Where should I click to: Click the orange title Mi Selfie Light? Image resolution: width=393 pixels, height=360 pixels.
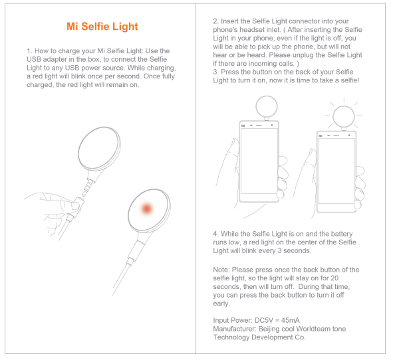[102, 27]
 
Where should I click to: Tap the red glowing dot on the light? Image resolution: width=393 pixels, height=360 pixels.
[146, 209]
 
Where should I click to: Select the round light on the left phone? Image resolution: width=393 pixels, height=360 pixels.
[267, 106]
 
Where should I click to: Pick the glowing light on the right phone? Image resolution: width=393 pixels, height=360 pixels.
[344, 116]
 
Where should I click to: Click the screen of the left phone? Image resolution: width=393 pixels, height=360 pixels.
[259, 161]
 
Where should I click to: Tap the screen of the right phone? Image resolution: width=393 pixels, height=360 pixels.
[336, 171]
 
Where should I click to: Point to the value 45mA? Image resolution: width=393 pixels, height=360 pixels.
[291, 320]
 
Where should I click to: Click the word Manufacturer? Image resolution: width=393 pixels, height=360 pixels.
[234, 329]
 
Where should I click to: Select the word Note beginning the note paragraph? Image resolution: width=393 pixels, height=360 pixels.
[221, 270]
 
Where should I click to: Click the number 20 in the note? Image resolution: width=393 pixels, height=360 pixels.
[334, 278]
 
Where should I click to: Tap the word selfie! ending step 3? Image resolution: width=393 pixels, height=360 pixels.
[350, 80]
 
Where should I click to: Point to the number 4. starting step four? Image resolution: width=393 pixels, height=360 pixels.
[216, 234]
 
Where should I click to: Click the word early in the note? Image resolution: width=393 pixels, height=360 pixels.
[221, 304]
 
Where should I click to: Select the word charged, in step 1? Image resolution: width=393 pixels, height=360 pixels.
[41, 85]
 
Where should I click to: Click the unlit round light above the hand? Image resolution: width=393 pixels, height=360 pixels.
[99, 149]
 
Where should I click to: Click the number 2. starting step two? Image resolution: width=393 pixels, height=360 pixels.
[216, 21]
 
